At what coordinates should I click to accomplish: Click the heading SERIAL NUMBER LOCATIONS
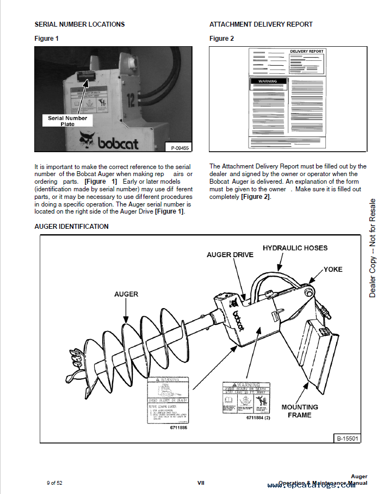tap(79, 24)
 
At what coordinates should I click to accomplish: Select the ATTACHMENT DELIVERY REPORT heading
tap(261, 24)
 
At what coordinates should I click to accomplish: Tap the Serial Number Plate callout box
tap(67, 121)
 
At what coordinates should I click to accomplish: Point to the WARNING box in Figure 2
tap(267, 82)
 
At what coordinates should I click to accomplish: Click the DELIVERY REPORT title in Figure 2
tap(306, 52)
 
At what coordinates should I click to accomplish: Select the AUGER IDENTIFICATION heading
tap(71, 227)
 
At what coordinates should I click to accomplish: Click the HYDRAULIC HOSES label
tap(295, 248)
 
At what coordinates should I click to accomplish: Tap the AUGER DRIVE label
tap(230, 255)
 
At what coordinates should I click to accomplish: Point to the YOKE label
tap(333, 269)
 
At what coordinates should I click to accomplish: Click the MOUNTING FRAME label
tap(300, 411)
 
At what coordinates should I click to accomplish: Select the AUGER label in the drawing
tap(126, 294)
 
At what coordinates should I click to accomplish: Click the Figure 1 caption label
tap(46, 39)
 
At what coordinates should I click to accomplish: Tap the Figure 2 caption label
tap(221, 39)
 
